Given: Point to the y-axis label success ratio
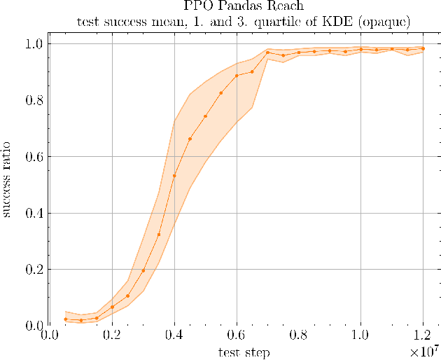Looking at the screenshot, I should tap(8, 185).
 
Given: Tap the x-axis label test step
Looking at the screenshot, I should tap(244, 352).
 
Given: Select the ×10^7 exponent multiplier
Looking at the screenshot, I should tap(425, 349).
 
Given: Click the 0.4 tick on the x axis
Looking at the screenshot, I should tap(174, 335).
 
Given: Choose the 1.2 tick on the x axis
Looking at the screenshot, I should tap(423, 335).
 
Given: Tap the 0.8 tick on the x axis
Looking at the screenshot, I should tap(299, 335).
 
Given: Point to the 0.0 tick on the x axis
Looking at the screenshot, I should tap(50, 335).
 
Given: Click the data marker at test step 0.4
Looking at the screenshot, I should tap(174, 176).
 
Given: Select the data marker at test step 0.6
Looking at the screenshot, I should tap(237, 76).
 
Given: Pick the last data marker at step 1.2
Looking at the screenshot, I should tap(423, 48).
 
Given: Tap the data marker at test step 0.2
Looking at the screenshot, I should tap(112, 307).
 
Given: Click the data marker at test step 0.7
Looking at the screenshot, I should tap(267, 53).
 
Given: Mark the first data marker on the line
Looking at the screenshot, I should tap(65, 319).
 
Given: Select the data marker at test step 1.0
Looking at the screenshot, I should tap(360, 49).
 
